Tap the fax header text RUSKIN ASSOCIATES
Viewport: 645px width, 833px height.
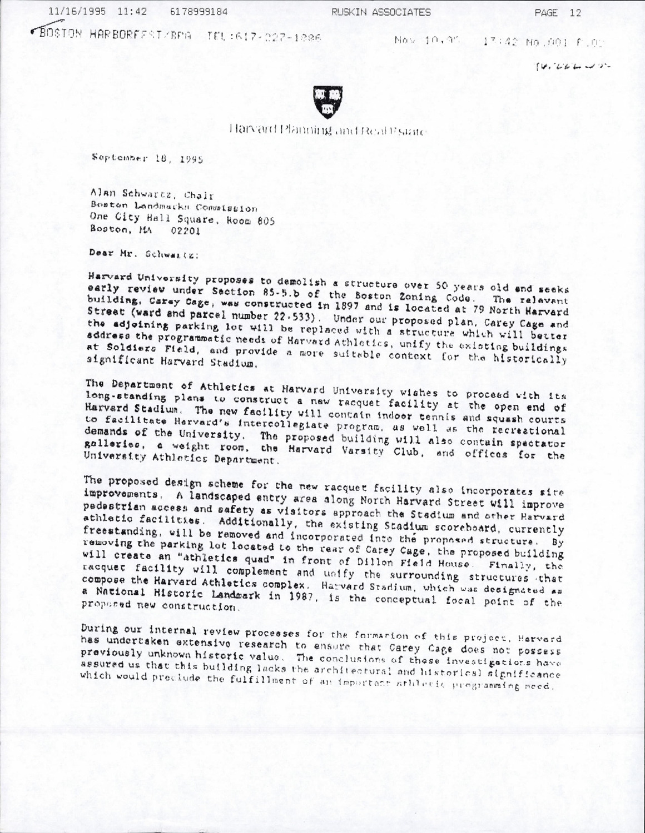(381, 12)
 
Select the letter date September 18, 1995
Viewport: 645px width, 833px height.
(147, 157)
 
